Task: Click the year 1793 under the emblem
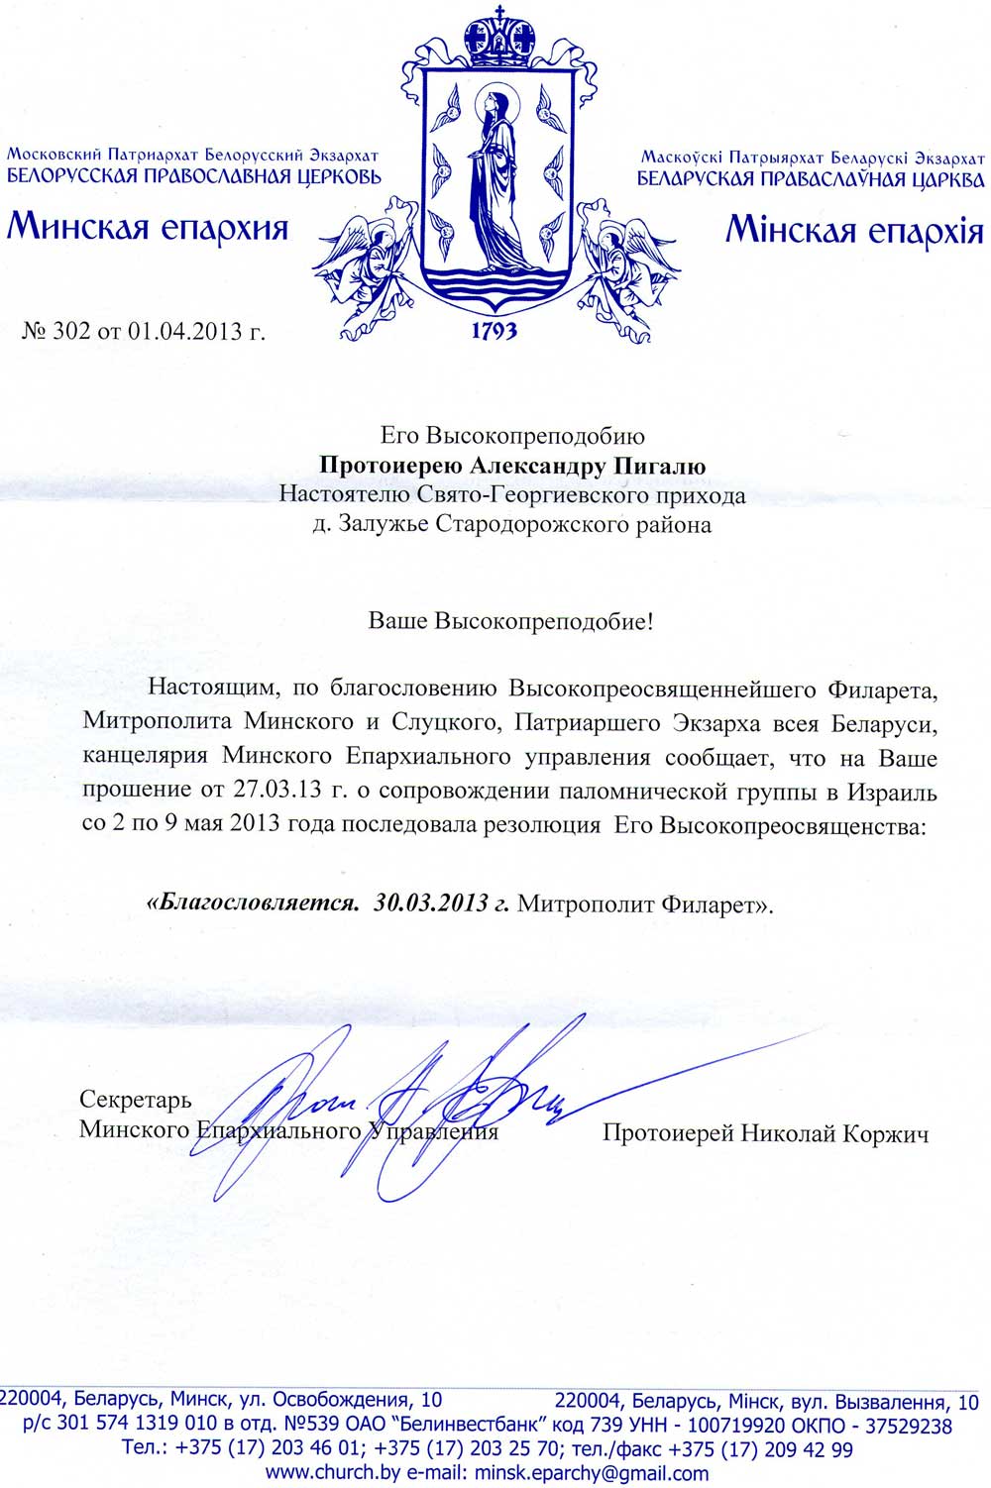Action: (494, 330)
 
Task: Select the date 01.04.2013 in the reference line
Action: (185, 331)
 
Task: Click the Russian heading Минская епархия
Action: (148, 228)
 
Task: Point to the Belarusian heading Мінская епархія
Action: (854, 231)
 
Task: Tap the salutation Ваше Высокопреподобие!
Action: (511, 622)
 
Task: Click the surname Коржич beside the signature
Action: (885, 1133)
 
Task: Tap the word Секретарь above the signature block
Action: (136, 1100)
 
